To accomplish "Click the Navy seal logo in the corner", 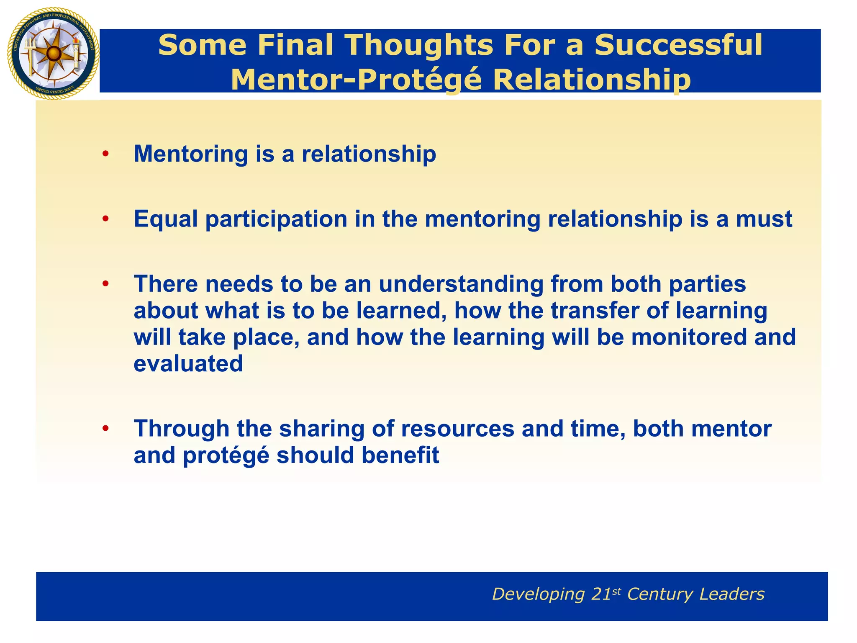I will [x=53, y=54].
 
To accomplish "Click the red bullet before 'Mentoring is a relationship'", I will [x=105, y=154].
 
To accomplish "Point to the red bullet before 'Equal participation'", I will [x=105, y=219].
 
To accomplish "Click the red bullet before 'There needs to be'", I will [x=105, y=284].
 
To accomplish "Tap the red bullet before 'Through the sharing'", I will [x=105, y=429].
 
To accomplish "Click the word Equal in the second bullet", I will [x=166, y=219].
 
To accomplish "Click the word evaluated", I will [x=188, y=363].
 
